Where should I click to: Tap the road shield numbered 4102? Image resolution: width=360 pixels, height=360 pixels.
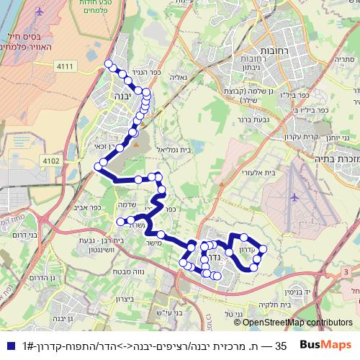coord(51,161)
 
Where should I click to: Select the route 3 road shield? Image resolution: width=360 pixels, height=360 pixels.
coord(347,270)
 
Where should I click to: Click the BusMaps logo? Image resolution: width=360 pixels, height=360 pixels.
coord(326,346)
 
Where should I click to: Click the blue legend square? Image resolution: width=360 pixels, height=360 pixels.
coord(9,346)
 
